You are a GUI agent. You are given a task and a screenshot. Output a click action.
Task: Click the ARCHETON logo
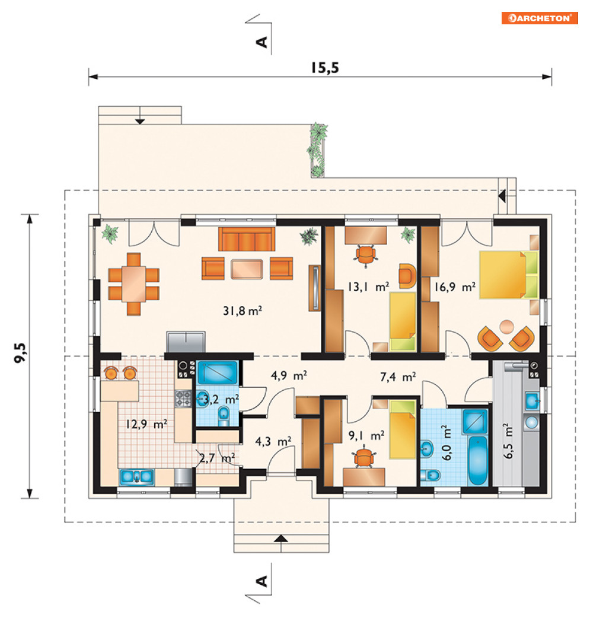pos(539,18)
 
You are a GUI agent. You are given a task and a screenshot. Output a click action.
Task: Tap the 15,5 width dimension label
pos(325,68)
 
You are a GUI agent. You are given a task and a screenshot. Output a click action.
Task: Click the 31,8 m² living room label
pos(243,311)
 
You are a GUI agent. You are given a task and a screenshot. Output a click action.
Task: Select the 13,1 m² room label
pos(368,286)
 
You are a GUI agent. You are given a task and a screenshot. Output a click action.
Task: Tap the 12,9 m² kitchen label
pos(146,424)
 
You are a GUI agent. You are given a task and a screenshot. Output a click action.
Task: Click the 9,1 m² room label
pos(366,435)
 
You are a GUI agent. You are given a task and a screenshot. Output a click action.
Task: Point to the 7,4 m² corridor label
pos(398,377)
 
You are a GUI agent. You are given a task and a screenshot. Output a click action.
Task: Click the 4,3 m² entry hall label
pos(273,441)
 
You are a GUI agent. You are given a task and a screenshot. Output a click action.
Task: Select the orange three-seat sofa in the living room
pos(247,239)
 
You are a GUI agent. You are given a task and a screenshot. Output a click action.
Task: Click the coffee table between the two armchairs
pos(247,269)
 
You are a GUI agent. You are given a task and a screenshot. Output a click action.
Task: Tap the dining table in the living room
pos(133,283)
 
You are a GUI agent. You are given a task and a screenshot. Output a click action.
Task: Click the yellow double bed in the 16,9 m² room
pos(508,275)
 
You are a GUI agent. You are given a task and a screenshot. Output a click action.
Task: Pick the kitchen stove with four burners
pos(183,398)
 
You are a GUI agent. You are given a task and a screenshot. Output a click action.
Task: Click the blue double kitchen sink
pos(136,477)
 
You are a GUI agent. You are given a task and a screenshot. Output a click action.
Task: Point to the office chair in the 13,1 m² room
pos(366,254)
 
